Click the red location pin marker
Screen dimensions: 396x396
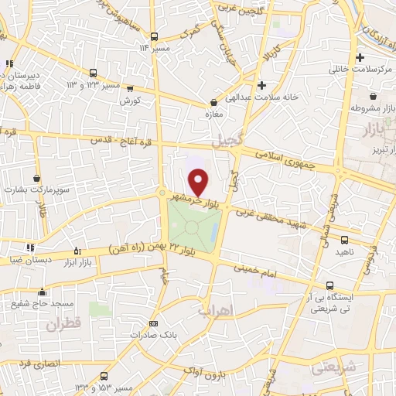[199, 183]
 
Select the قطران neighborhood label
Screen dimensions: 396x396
[63, 326]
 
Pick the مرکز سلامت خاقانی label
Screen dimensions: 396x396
[360, 69]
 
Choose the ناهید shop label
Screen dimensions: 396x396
[343, 252]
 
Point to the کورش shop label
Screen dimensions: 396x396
[129, 101]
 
